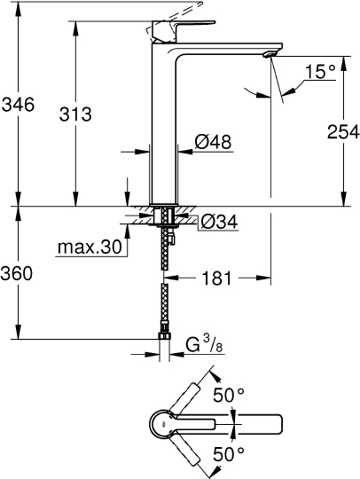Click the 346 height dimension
18,106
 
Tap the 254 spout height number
340,132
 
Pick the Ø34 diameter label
217,222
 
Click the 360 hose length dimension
18,274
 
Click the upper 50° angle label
227,394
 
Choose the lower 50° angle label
227,454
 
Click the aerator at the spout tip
269,58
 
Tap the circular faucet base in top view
166,423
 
